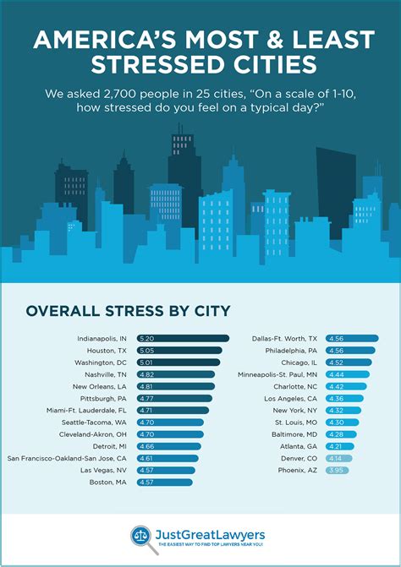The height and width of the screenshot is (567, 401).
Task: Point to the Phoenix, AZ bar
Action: [x=339, y=469]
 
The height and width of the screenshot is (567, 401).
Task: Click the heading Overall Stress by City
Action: [x=128, y=311]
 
